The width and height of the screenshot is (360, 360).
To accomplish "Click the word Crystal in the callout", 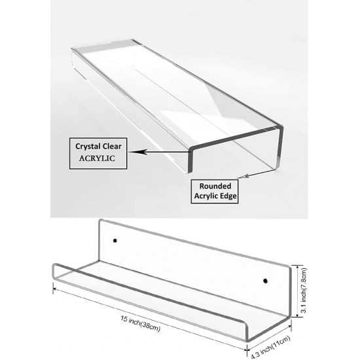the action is click(88, 147).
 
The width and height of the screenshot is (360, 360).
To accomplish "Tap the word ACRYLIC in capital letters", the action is click(97, 158).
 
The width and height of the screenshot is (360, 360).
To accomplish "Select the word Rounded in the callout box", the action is click(215, 186).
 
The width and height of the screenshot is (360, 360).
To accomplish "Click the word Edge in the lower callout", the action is click(227, 196).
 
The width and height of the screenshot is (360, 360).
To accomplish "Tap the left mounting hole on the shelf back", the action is click(115, 241).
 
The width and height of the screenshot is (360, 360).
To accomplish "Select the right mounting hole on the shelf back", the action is click(265, 281).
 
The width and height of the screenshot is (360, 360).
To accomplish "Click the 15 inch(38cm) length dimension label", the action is click(141, 323).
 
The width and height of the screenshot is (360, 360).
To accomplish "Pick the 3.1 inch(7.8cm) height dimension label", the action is click(304, 290).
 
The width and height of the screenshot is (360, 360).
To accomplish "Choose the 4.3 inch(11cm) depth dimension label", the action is click(270, 347).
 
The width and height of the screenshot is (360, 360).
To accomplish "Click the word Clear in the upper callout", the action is click(112, 146).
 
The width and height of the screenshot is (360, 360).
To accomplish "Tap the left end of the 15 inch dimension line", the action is click(53, 289).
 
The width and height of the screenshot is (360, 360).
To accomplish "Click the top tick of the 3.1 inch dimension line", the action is click(298, 265).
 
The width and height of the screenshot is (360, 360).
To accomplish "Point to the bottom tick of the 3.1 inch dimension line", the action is click(298, 317).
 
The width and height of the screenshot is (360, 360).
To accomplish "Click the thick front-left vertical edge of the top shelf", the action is click(190, 161).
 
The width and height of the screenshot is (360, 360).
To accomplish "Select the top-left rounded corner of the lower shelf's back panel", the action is click(100, 221).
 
